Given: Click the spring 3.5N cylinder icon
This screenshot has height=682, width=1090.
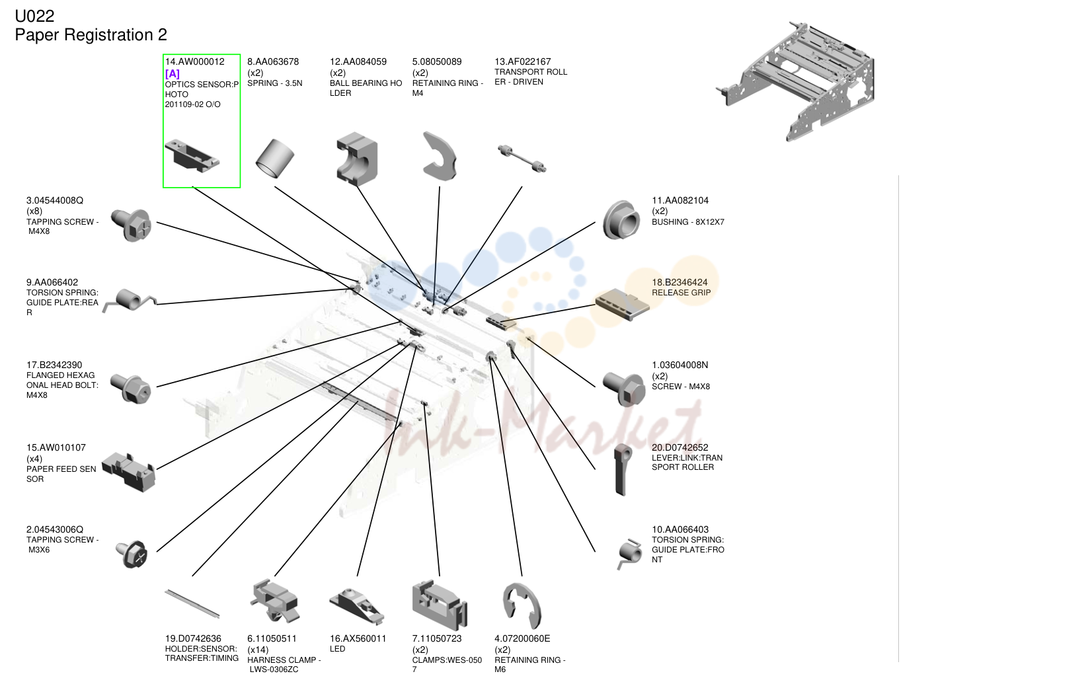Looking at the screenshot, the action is [275, 159].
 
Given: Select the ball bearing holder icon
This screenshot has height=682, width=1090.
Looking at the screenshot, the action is [357, 159].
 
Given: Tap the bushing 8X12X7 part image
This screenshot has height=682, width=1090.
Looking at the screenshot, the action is [621, 220].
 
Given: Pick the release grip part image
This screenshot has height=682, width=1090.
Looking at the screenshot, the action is [623, 305].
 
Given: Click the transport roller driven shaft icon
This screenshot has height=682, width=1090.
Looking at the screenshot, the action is [522, 159].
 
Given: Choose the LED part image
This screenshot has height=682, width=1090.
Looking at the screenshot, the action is [357, 605].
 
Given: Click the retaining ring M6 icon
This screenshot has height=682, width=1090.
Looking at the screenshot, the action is [521, 606].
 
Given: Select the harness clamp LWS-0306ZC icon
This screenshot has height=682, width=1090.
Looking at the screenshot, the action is [275, 601].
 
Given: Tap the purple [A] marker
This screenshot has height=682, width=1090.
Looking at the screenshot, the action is [173, 74].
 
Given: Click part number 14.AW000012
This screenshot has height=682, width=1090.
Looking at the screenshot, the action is [194, 61].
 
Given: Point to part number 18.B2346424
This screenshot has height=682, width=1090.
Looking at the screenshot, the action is [680, 282].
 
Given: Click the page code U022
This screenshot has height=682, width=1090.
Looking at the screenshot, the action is [34, 17].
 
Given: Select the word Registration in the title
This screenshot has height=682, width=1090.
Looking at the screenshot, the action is [108, 35].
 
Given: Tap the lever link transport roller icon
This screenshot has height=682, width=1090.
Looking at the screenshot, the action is [623, 469].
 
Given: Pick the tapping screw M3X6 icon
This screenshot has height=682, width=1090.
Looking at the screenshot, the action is [132, 554].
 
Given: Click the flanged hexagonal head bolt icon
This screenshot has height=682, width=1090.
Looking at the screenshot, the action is [131, 389].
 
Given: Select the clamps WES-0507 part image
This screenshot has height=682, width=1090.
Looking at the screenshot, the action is [440, 605].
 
